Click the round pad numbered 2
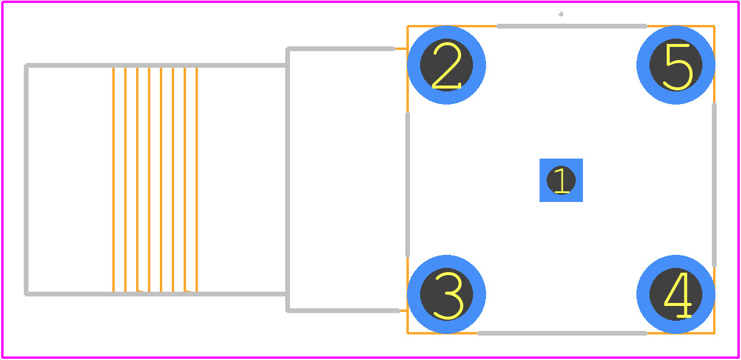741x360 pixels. coord(446,65)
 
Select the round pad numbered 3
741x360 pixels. coord(446,294)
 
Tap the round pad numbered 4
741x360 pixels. coord(676,294)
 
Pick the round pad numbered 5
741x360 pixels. coord(676,65)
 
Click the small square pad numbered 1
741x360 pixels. coord(561,180)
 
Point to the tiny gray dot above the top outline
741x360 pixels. coord(561,14)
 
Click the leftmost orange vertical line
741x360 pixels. coord(113,179)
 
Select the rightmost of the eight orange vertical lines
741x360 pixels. coord(197,179)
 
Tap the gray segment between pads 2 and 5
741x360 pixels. coord(572,26)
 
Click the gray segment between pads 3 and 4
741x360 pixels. coord(562,333)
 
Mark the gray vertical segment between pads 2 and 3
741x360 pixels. coord(408,185)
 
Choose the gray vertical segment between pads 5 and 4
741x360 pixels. coord(714,185)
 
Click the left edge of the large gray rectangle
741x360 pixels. coord(26,179)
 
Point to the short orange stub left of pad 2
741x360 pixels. coord(401,49)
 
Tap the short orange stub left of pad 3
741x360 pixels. coord(403,311)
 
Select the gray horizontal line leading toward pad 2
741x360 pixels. coord(340,49)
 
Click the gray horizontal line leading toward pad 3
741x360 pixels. coord(343,311)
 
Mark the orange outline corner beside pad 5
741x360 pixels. coord(714,26)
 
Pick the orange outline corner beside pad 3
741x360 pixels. coord(408,333)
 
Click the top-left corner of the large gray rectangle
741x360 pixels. coord(26,65)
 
